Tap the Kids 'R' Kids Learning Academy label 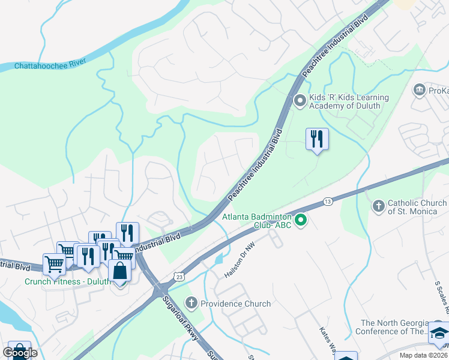coord(348,102)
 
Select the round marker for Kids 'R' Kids coord(300,101)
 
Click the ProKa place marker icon coord(419,91)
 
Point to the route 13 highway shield coord(327,202)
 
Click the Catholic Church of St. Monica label coord(417,207)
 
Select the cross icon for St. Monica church coord(378,207)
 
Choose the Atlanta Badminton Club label coord(257,221)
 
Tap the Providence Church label coord(235,304)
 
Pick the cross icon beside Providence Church coord(191,303)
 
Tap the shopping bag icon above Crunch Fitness coord(120,271)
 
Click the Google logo coord(20,353)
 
